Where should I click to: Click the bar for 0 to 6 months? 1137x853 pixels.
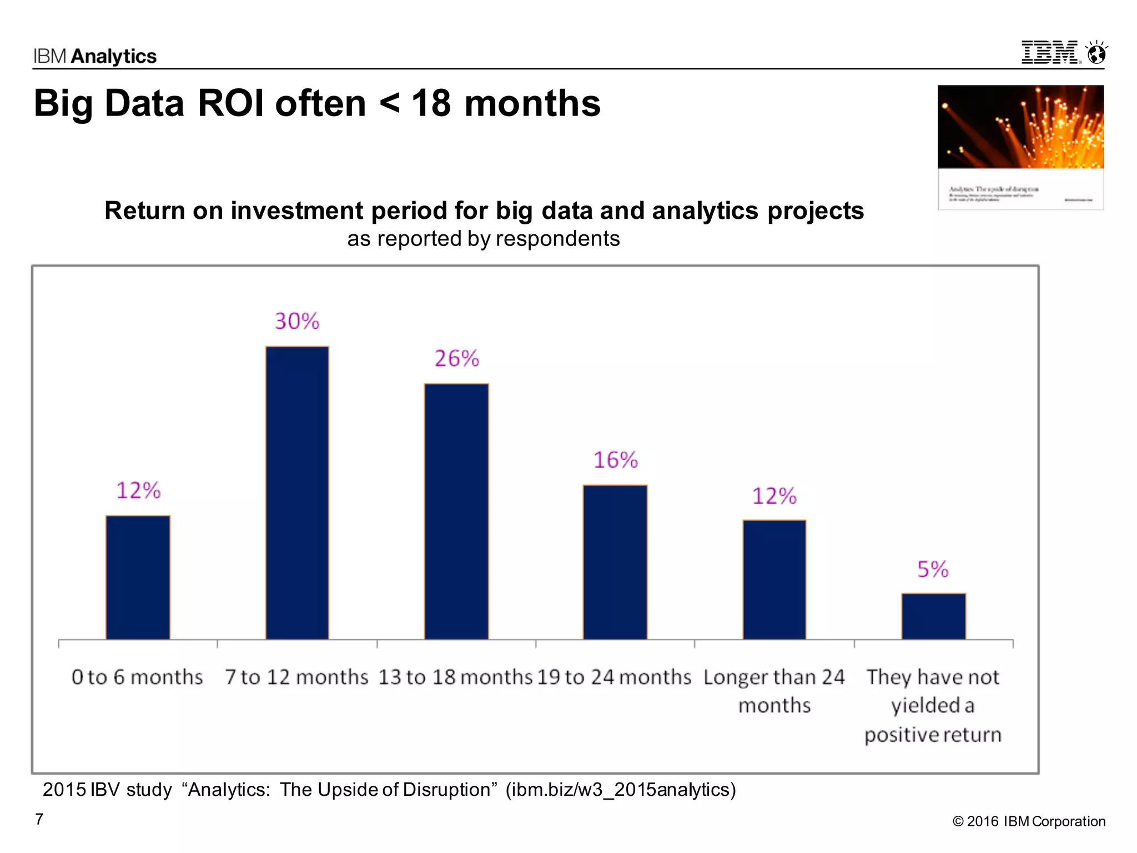click(x=138, y=578)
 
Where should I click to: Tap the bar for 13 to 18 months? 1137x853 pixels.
click(x=456, y=511)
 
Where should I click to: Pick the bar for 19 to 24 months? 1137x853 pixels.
click(x=615, y=562)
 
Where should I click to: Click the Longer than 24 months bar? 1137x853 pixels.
click(x=774, y=580)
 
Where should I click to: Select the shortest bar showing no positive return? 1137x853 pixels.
click(x=933, y=616)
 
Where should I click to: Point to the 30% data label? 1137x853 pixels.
click(x=297, y=322)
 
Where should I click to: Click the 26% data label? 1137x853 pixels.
click(x=456, y=359)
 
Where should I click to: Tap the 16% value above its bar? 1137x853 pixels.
click(x=615, y=460)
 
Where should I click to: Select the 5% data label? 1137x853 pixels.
click(x=933, y=570)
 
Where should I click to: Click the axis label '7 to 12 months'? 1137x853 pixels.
click(x=296, y=678)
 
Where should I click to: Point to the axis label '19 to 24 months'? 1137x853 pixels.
click(x=614, y=678)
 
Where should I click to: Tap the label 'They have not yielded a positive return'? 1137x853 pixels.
click(x=933, y=706)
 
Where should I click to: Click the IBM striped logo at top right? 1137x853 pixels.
click(x=1050, y=53)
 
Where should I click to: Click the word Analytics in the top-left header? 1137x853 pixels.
click(x=114, y=56)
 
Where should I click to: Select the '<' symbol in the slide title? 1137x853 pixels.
click(x=389, y=103)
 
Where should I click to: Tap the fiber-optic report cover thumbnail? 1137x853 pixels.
click(x=1020, y=147)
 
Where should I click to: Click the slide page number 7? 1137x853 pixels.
click(x=39, y=819)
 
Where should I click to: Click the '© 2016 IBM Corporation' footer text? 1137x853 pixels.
click(x=1029, y=821)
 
